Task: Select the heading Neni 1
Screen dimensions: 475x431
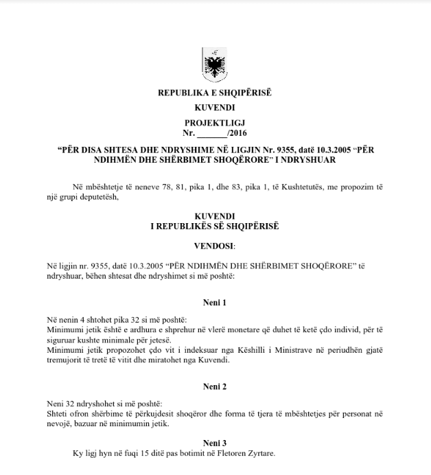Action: point(215,302)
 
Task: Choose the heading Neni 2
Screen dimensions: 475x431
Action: point(215,387)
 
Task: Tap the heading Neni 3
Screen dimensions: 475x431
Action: point(215,443)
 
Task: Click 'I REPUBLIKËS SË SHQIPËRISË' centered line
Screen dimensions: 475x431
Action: point(215,224)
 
